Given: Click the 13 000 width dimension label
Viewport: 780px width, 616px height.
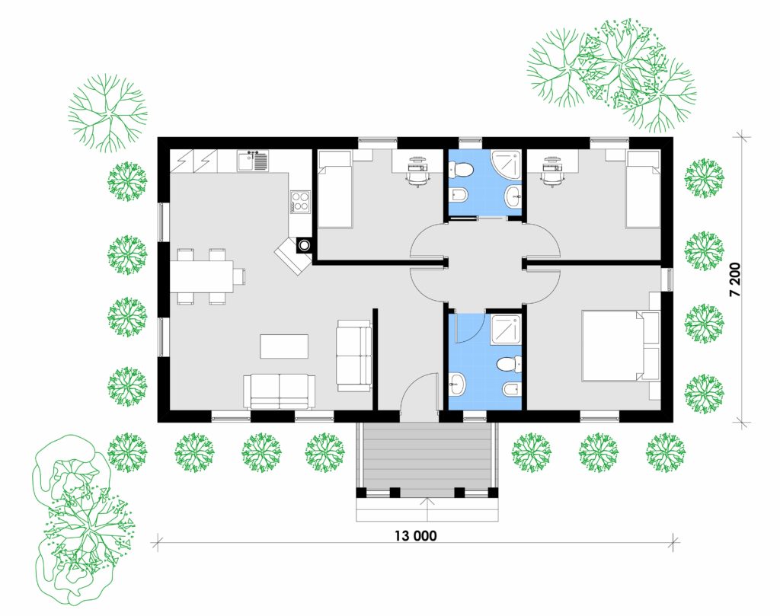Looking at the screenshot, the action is (415, 535).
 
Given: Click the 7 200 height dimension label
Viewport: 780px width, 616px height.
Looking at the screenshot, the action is (735, 279).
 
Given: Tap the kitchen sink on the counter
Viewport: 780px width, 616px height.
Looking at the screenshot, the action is (253, 161).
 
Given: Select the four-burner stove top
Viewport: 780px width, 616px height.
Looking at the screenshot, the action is (300, 202).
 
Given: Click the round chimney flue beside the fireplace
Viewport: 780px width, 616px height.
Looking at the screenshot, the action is (304, 244).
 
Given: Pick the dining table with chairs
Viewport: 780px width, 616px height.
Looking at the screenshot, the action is (207, 276).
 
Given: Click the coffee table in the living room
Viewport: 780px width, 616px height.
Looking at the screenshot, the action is (284, 346).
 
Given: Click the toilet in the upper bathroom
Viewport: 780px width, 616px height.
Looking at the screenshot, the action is (460, 170).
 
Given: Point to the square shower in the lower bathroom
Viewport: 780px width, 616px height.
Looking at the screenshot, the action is (506, 330).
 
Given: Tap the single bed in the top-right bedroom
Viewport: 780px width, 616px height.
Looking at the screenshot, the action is (643, 190).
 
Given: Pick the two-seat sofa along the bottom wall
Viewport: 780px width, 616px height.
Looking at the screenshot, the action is (279, 391).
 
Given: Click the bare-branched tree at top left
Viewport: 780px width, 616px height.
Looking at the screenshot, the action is (107, 113).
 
